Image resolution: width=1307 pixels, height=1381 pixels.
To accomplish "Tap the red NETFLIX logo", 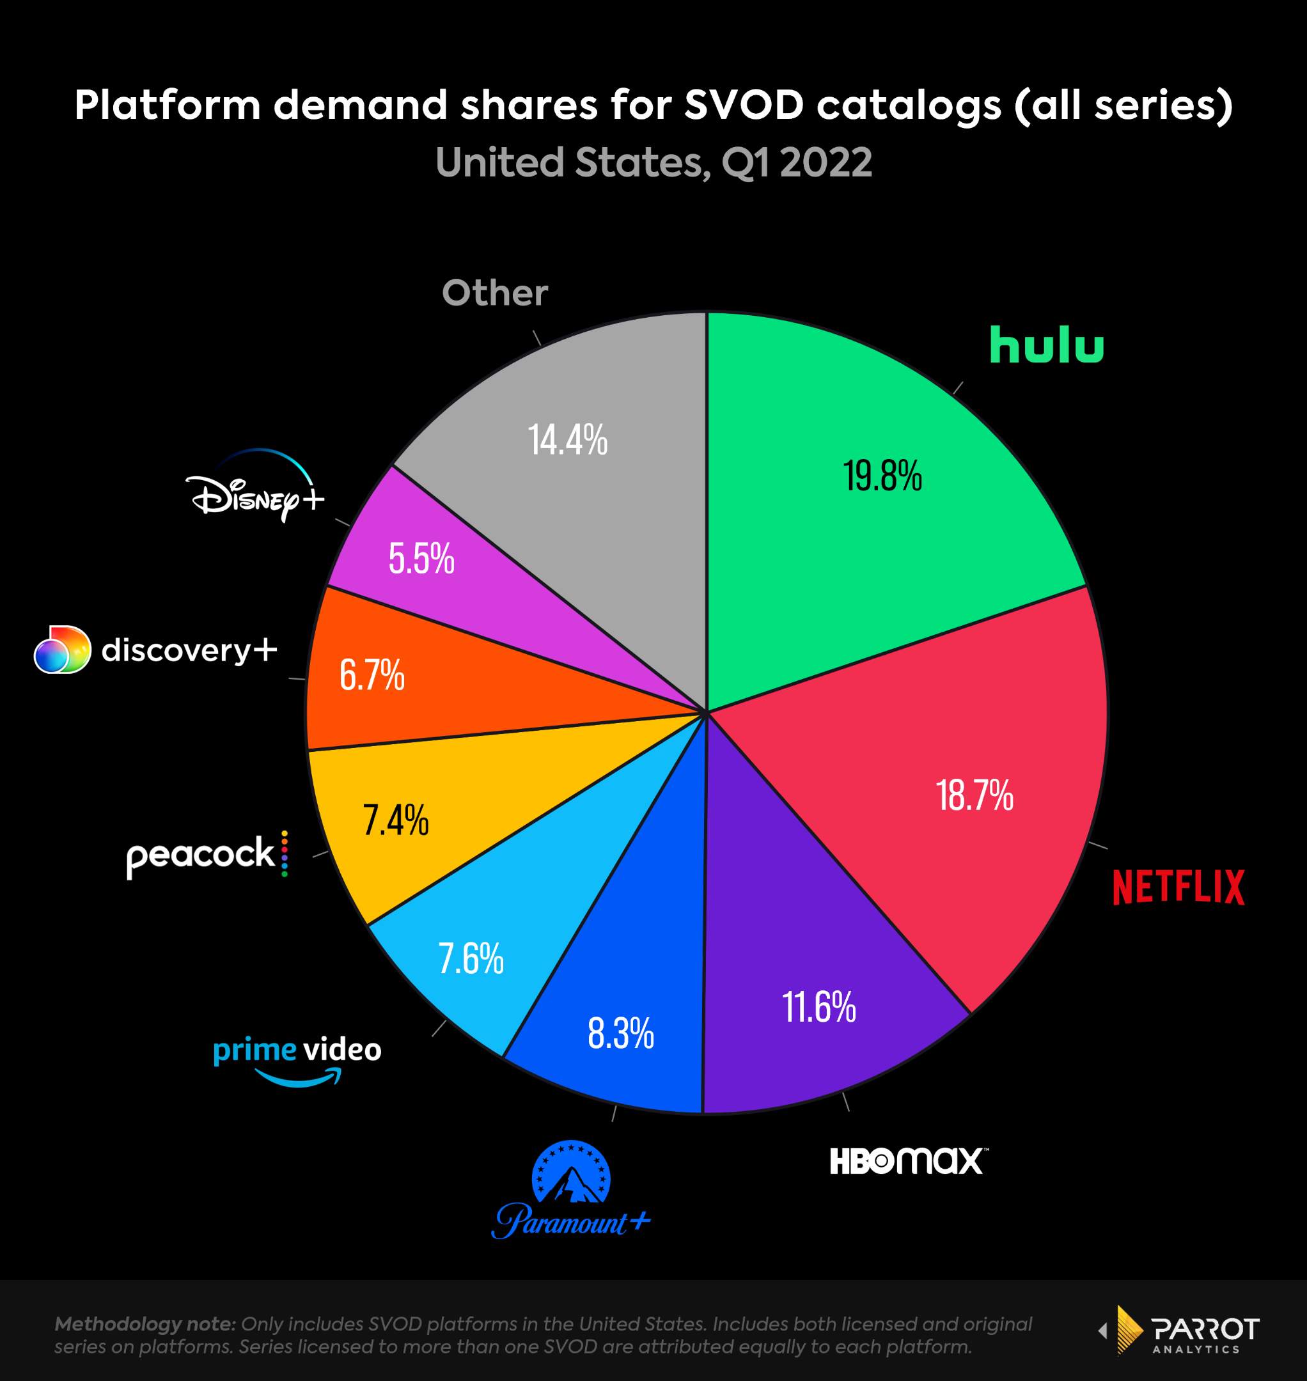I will [x=1178, y=887].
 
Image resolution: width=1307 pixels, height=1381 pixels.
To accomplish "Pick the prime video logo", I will [x=297, y=1057].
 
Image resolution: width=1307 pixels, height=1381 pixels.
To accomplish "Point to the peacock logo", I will [x=207, y=854].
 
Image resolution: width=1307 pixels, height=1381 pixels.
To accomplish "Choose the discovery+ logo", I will [x=155, y=650].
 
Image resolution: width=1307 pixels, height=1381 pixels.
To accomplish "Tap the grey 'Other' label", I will [x=495, y=293].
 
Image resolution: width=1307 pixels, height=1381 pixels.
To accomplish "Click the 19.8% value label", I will [x=882, y=476].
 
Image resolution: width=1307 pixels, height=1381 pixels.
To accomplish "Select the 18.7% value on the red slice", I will [x=974, y=796].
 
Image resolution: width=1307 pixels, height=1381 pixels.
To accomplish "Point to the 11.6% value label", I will [x=818, y=1008].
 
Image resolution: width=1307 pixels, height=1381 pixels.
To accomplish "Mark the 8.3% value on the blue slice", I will [x=621, y=1033].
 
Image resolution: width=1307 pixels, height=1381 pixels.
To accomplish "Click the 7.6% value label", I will [x=471, y=959].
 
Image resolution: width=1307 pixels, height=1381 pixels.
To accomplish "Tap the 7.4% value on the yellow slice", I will [x=396, y=820].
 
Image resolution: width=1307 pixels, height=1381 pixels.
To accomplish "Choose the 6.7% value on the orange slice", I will [x=372, y=675].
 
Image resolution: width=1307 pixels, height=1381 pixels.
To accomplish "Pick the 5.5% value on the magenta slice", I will [x=421, y=559].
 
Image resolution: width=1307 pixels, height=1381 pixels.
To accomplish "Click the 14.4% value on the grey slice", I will [x=568, y=441].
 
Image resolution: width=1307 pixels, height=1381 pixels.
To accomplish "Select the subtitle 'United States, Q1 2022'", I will [x=653, y=162].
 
